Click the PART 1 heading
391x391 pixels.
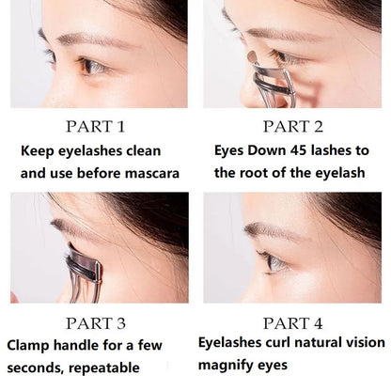[x=97, y=127]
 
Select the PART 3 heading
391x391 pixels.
[x=97, y=322]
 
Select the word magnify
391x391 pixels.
[x=226, y=365]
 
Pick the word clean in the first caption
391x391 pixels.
[x=140, y=150]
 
